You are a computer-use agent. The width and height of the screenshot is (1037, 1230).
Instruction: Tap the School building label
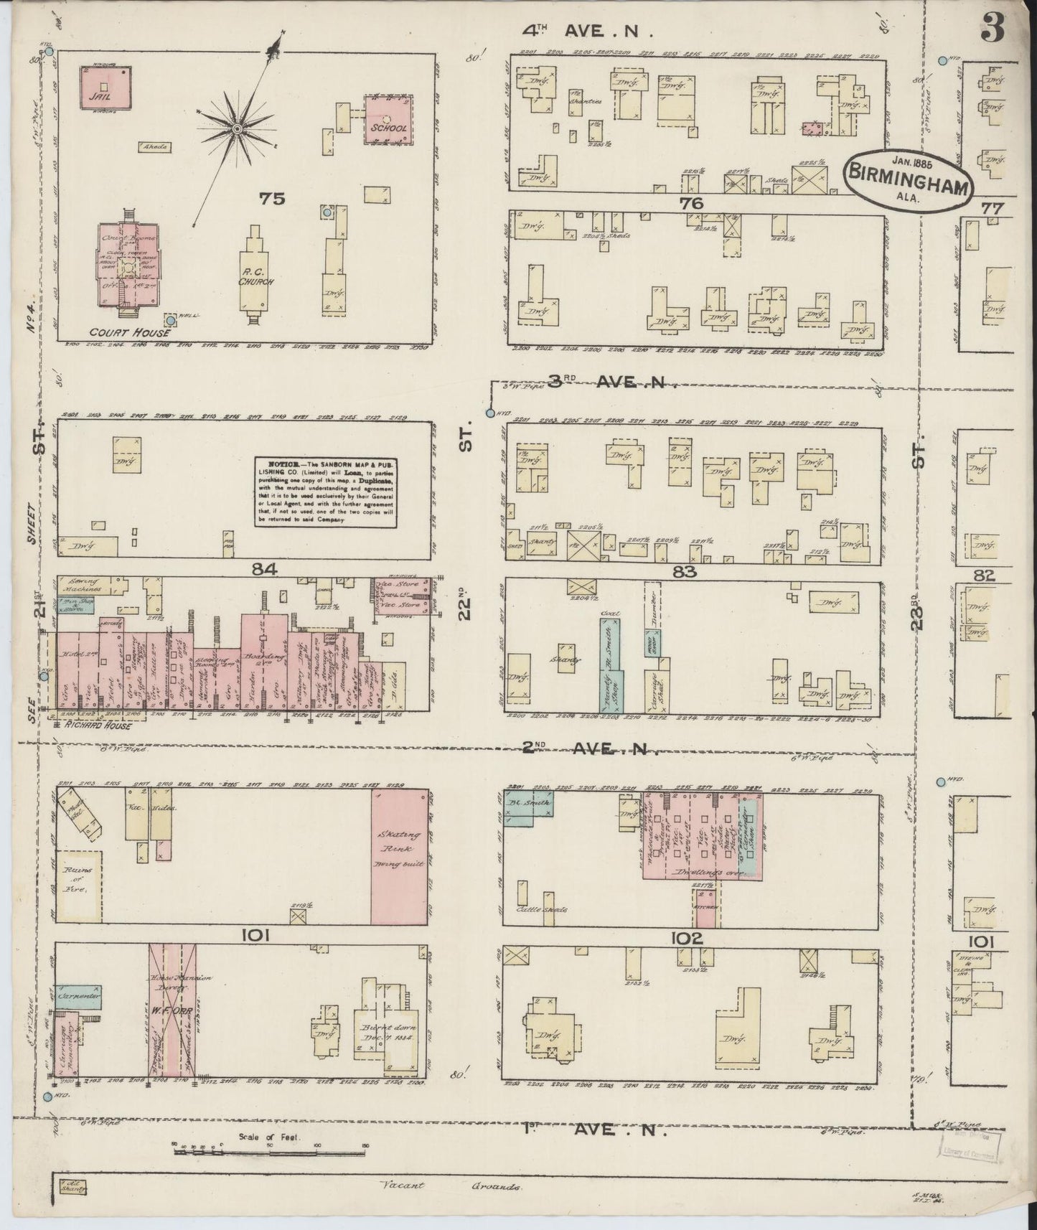(388, 128)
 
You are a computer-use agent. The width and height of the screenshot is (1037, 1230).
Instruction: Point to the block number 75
(273, 199)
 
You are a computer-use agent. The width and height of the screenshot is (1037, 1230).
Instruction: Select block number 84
(265, 570)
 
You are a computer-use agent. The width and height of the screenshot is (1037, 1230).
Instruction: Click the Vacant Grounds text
(450, 1186)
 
